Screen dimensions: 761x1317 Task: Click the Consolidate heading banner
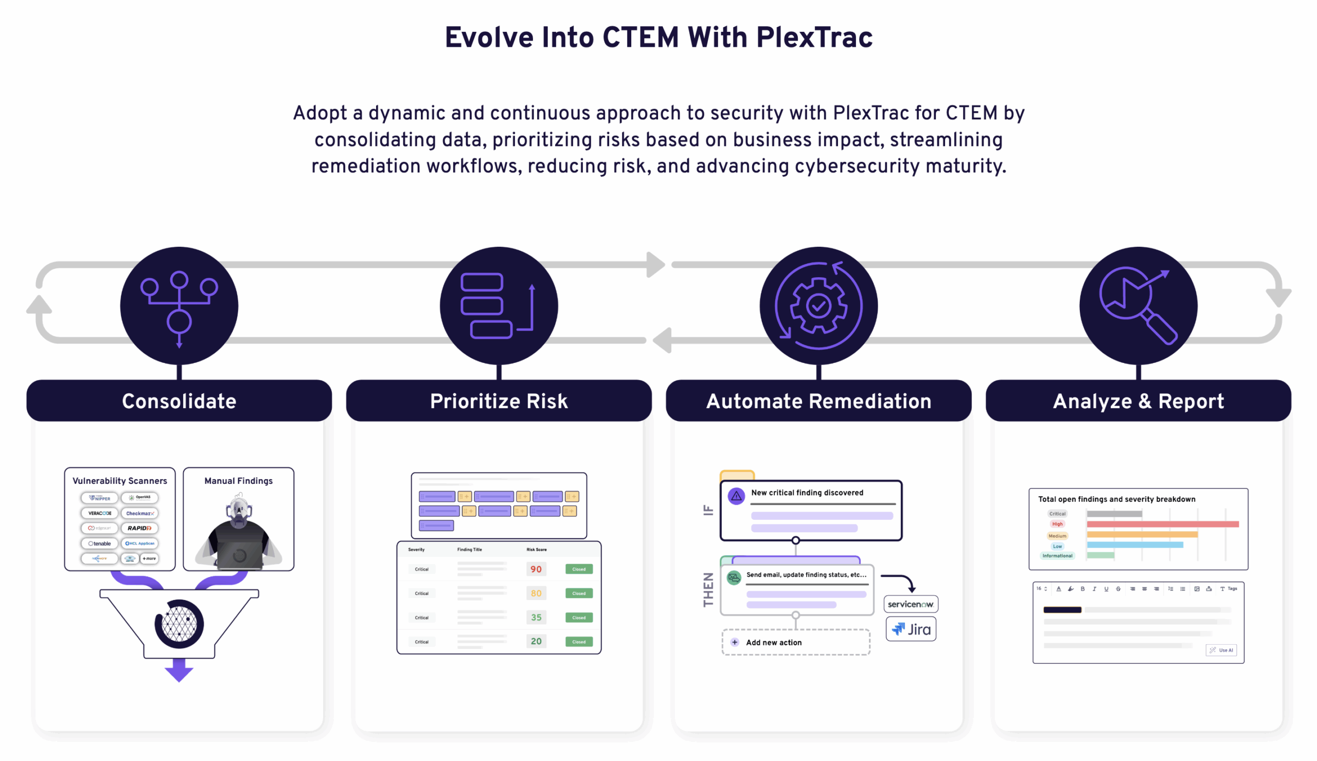179,401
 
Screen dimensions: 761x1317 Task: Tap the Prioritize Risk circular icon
499,305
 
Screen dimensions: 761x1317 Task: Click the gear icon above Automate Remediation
818,305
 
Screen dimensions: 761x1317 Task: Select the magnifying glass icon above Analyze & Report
1138,305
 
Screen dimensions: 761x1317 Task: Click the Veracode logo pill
99,513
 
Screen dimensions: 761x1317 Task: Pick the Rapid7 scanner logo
139,528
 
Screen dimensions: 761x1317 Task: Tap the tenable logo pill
99,543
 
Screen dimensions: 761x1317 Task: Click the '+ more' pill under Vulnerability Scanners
149,558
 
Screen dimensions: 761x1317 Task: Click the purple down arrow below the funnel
179,669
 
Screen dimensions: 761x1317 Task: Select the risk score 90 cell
536,569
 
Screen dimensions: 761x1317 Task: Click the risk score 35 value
536,618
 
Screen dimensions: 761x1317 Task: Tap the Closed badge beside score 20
579,641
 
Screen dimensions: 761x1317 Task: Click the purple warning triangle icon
736,496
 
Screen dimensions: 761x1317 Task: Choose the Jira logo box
911,629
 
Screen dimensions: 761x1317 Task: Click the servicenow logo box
911,604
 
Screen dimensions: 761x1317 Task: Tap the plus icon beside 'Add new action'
734,642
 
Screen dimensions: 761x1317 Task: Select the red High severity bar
1162,524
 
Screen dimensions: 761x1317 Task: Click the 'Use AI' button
1221,650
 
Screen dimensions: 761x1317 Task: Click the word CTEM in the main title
640,38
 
